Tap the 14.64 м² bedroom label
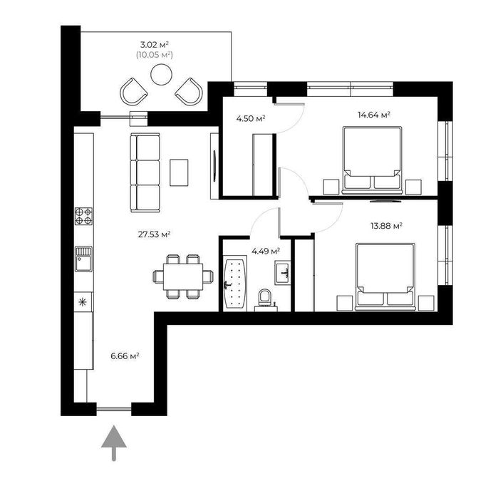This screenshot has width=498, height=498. click(375, 115)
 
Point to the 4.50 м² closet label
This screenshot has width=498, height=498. click(251, 118)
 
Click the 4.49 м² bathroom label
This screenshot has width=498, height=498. click(266, 250)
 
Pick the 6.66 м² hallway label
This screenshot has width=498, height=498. click(124, 355)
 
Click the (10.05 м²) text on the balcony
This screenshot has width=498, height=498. click(155, 54)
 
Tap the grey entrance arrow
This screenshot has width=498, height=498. click(113, 444)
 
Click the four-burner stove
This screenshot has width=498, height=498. click(84, 215)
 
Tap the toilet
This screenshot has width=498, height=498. click(266, 296)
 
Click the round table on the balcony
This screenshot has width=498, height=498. click(162, 73)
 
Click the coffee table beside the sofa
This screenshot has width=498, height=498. click(180, 172)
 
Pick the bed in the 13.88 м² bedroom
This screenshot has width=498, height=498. click(385, 276)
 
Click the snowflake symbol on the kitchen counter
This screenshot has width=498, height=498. click(83, 301)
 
